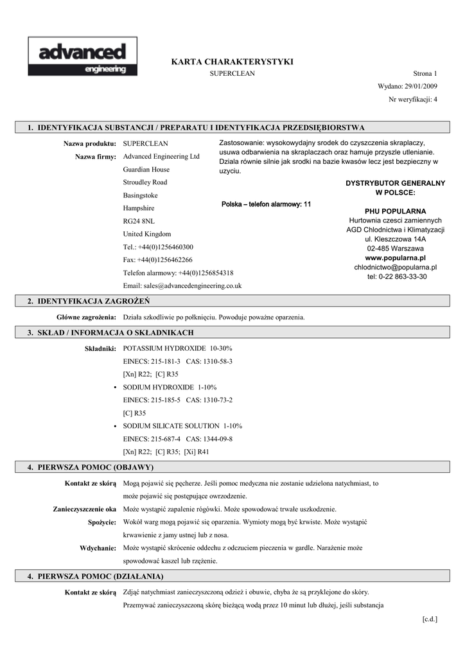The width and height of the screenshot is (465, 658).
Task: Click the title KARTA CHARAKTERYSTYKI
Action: (x=232, y=62)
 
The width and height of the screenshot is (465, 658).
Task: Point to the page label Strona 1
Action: (x=425, y=74)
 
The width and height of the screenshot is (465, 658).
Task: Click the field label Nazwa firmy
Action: (x=96, y=157)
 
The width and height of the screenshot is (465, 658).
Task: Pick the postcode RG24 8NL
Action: (x=139, y=221)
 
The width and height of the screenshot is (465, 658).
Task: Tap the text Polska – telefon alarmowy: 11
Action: (x=266, y=204)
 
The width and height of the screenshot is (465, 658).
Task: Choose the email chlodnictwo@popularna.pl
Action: (x=395, y=267)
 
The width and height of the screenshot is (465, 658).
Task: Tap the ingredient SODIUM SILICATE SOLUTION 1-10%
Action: (x=182, y=426)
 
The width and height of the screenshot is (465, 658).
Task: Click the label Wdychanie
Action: (x=98, y=548)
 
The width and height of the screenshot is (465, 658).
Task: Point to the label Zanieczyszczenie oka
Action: (x=85, y=509)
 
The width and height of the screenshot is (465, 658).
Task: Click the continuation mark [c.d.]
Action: (x=430, y=619)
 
